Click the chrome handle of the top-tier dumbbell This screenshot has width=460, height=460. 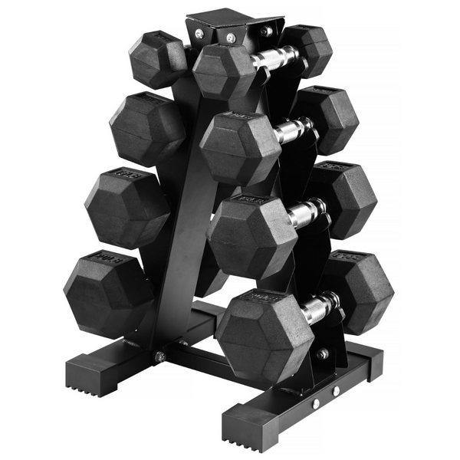[275, 58]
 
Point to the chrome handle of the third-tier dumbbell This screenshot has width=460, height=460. [305, 214]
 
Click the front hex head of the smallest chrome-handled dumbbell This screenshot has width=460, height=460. [223, 71]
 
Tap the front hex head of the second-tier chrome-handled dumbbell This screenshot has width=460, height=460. [238, 147]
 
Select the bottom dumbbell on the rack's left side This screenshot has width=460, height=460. [107, 294]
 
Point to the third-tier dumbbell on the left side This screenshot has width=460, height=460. [126, 207]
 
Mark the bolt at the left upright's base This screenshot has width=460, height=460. [160, 356]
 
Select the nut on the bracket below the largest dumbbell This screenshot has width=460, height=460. [323, 354]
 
